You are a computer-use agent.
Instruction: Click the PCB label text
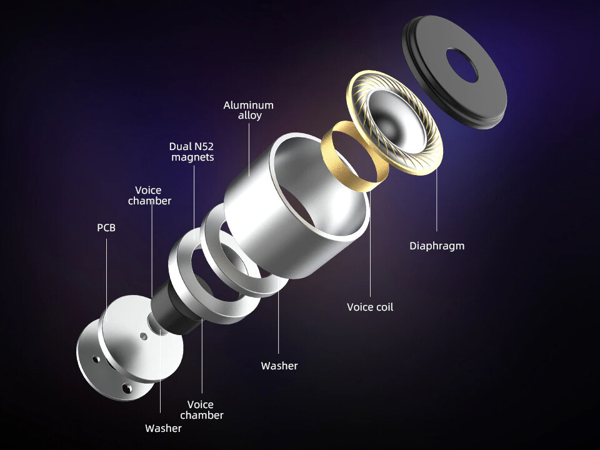point(106,227)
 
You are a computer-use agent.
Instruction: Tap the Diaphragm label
point(437,246)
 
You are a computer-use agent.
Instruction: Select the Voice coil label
point(370,307)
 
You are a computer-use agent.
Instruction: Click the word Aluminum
point(248,105)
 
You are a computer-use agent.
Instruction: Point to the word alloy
point(250,115)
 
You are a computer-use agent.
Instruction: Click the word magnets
point(192,157)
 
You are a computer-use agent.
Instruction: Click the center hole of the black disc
point(462,65)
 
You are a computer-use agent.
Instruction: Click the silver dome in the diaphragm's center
point(390,122)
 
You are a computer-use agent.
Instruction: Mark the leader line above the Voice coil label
point(370,244)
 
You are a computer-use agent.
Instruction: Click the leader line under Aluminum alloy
point(249,149)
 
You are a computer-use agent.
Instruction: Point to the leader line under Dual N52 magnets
point(194,202)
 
